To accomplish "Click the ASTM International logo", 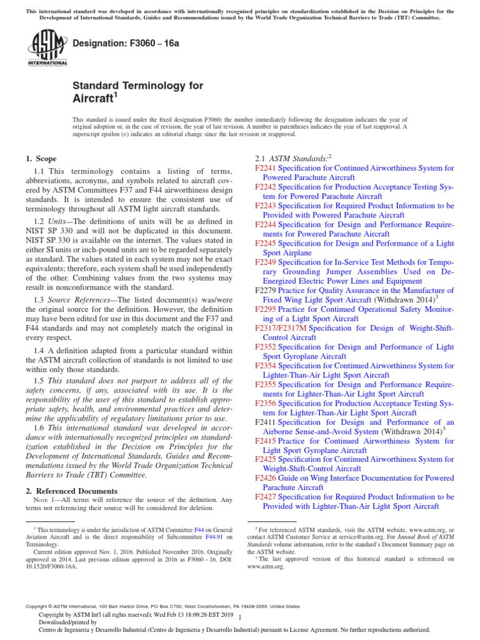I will [48, 49].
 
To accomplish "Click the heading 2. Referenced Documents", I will [71, 491].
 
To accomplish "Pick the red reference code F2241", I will [266, 169].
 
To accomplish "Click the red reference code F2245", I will [266, 244].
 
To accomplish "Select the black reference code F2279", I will [266, 291].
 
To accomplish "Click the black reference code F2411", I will [266, 422].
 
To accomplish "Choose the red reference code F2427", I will [266, 497].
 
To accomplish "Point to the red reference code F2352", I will [266, 347].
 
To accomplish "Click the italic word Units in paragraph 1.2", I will [61, 221].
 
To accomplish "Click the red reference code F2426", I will [266, 478].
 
